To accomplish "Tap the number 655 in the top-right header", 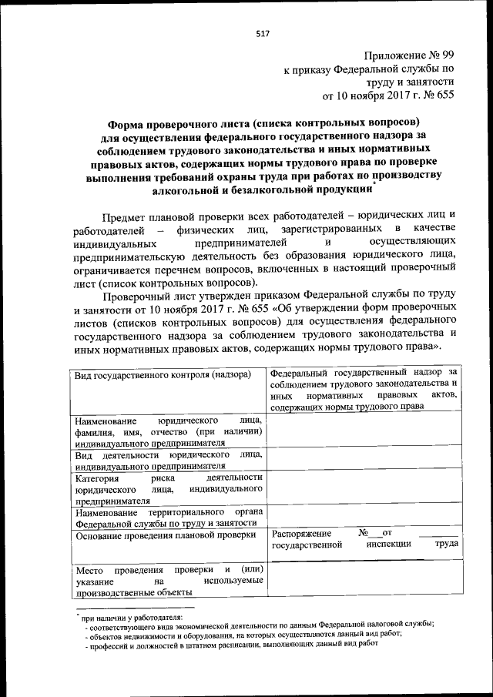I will point(444,96).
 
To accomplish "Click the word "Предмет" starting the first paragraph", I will point(125,213).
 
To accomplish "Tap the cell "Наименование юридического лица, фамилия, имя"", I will point(169,431).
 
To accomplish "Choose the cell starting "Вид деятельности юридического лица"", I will point(169,460).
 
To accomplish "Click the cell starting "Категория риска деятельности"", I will point(169,488).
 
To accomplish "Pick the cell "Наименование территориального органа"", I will point(169,518).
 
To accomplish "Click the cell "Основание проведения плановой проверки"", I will point(163,534).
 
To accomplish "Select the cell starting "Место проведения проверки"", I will point(169,581).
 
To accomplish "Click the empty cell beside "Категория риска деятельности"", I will point(365,488).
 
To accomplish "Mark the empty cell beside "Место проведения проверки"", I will point(365,581).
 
